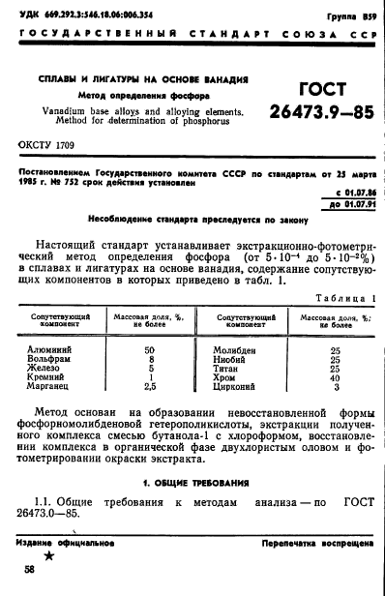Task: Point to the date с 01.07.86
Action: coord(348,194)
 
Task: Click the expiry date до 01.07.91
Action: coord(347,206)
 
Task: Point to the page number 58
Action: coord(30,572)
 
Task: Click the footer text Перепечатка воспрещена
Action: coord(317,544)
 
